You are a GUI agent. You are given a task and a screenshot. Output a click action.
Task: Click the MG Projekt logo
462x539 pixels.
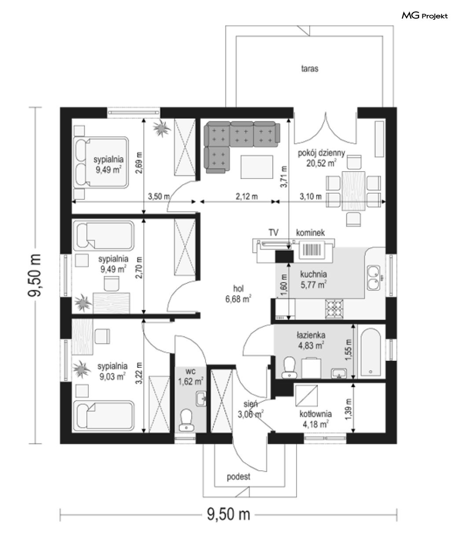425,16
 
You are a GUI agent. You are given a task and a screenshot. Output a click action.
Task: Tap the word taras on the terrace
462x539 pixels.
309,69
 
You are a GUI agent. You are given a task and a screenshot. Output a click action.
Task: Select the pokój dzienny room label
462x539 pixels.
321,153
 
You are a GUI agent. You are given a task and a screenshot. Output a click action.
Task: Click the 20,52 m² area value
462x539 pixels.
321,163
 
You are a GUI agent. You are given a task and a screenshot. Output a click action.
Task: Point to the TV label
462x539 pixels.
274,232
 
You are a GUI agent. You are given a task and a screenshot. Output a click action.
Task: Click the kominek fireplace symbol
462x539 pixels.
312,251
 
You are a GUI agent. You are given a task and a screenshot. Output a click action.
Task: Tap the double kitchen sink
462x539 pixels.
374,278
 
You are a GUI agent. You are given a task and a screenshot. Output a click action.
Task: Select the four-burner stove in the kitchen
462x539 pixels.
334,309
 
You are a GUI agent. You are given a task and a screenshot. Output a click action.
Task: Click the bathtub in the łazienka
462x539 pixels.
371,352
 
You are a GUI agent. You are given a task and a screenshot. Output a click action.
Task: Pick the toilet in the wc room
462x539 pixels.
186,420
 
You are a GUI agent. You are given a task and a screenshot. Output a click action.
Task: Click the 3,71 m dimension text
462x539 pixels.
284,177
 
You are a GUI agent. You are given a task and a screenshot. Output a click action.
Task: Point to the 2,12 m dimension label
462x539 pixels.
247,196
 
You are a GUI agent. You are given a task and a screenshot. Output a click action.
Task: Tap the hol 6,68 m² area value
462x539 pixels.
238,299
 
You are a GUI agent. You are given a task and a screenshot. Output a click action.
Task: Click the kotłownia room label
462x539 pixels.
315,414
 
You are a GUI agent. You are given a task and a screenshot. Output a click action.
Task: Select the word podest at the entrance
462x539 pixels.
238,477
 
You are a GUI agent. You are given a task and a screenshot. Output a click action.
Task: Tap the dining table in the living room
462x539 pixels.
353,191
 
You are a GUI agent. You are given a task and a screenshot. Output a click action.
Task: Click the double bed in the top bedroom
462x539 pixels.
101,162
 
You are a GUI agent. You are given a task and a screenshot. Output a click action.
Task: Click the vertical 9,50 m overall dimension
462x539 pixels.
34,275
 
